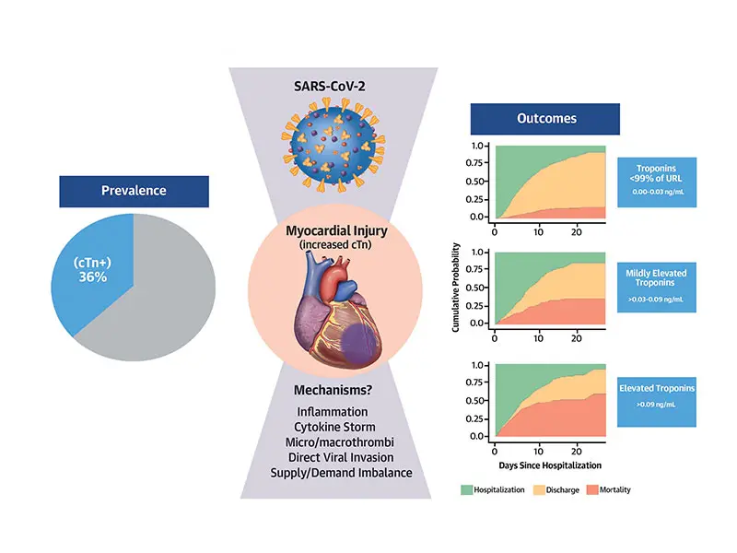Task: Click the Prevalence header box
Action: click(x=134, y=192)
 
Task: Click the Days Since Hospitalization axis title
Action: click(x=549, y=465)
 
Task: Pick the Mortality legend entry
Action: click(x=618, y=490)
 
